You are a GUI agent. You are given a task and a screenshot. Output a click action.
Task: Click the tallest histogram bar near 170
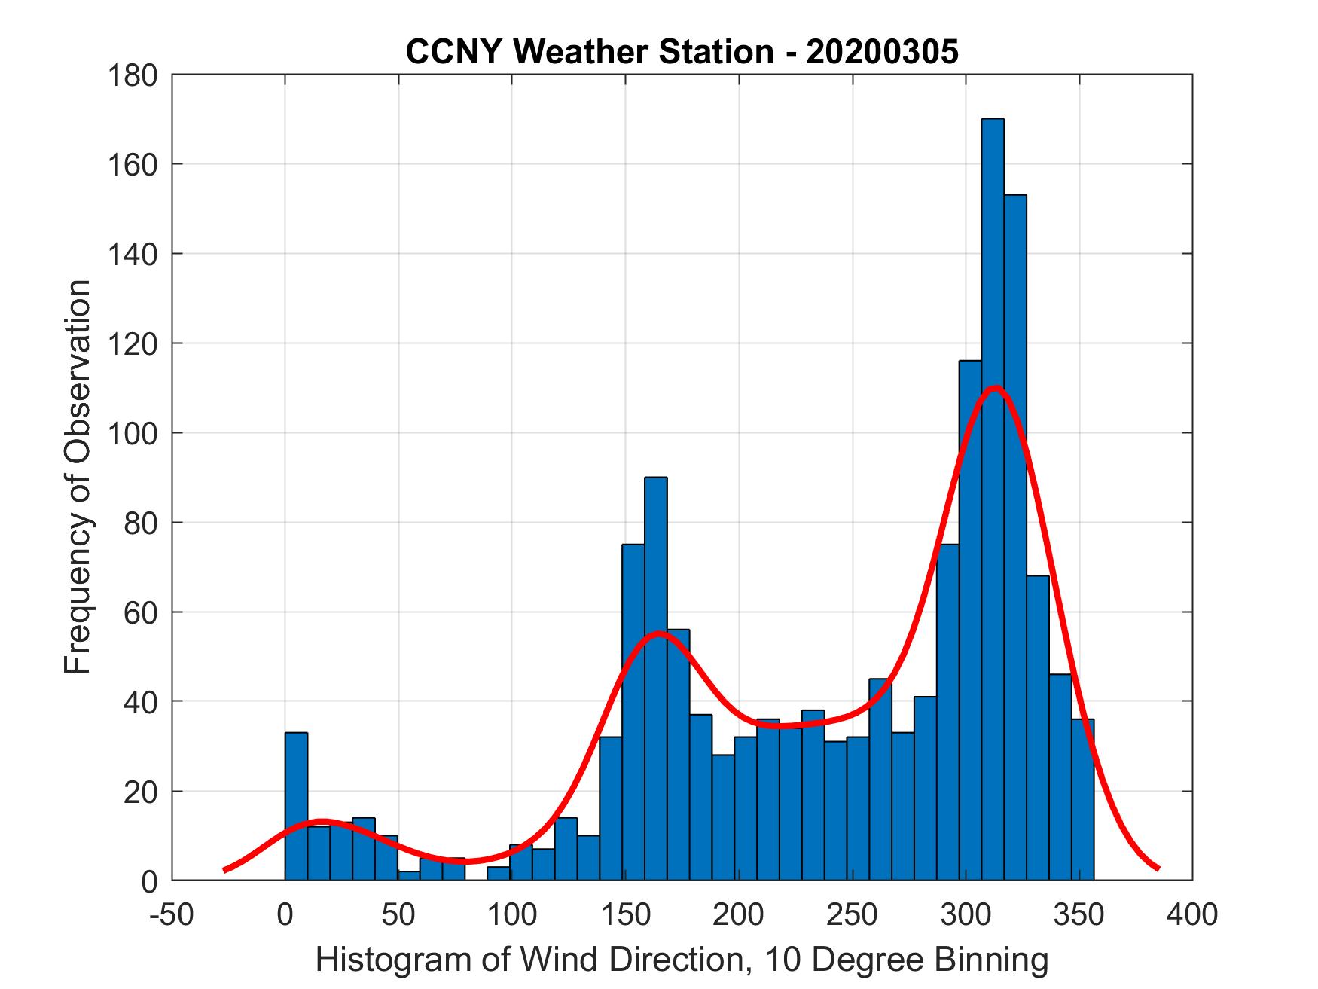(993, 497)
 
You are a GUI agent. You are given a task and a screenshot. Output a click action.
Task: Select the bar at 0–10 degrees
(296, 806)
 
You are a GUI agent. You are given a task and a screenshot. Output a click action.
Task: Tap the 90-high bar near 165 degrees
(655, 678)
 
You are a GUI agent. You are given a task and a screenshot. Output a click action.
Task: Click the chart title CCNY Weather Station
(589, 52)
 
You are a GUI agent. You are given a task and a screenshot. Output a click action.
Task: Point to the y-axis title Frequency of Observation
(78, 478)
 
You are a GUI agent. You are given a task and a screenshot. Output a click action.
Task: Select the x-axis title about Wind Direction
(682, 960)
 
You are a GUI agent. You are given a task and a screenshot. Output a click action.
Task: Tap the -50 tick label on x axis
(172, 914)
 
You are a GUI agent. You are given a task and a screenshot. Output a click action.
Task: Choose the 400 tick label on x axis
(1192, 914)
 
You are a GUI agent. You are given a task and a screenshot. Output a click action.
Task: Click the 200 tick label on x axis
(739, 914)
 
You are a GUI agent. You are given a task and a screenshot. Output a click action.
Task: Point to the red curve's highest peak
(995, 389)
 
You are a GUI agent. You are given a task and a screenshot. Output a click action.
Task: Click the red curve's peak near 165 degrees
(659, 633)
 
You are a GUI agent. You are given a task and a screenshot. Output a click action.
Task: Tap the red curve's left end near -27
(225, 870)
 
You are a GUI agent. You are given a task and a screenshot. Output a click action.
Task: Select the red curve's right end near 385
(1158, 868)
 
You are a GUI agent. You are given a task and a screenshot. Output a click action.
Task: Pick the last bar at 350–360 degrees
(1083, 798)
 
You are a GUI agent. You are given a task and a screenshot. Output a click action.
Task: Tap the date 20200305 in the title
(882, 52)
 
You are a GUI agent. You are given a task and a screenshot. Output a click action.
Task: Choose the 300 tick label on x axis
(966, 914)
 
